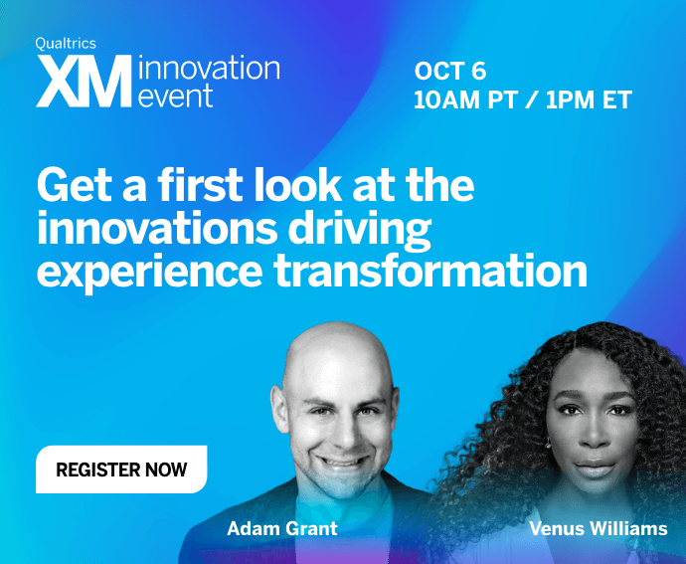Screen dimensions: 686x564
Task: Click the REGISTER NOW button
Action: click(x=121, y=470)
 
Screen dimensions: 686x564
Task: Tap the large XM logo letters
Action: click(x=84, y=81)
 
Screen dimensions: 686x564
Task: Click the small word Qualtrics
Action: click(x=66, y=44)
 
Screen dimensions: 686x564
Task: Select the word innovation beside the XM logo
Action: click(x=209, y=69)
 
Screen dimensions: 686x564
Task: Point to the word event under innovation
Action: click(x=175, y=95)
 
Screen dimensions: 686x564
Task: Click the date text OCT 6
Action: click(x=450, y=71)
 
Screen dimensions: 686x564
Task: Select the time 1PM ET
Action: click(x=589, y=99)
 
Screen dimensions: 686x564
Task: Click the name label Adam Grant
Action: click(x=282, y=528)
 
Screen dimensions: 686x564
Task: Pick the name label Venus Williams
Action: click(x=599, y=528)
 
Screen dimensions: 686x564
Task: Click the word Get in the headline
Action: click(x=69, y=185)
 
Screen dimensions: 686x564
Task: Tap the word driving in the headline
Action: click(x=359, y=229)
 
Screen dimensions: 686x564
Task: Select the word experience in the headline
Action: click(x=149, y=273)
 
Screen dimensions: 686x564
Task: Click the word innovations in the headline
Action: click(x=157, y=228)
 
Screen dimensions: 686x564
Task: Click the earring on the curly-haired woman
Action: click(x=548, y=443)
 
